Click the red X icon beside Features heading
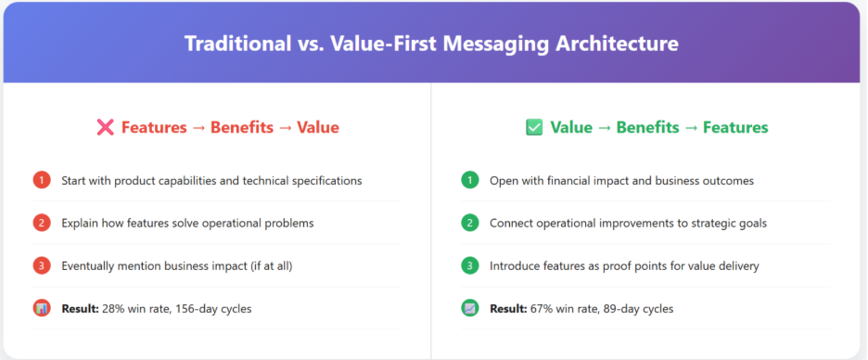105,127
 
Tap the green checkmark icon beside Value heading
534,127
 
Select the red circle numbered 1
42,180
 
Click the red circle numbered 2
42,224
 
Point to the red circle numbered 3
42,266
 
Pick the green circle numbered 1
470,180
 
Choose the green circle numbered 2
470,224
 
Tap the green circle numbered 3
470,266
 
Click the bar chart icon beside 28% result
42,308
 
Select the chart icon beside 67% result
470,308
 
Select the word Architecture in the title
616,44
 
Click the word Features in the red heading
154,127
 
